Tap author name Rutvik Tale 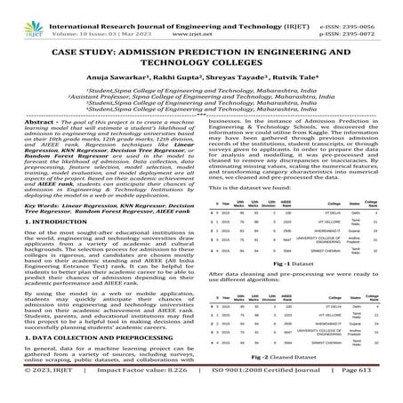288,74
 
